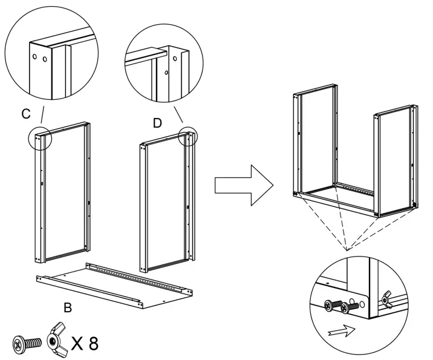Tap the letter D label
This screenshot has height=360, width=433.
click(x=157, y=123)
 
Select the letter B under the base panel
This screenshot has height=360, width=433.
click(x=68, y=307)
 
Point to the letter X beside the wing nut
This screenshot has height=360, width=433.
click(x=76, y=344)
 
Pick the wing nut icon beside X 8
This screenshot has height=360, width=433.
click(x=56, y=343)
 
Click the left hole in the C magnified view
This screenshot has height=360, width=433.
click(x=36, y=57)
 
